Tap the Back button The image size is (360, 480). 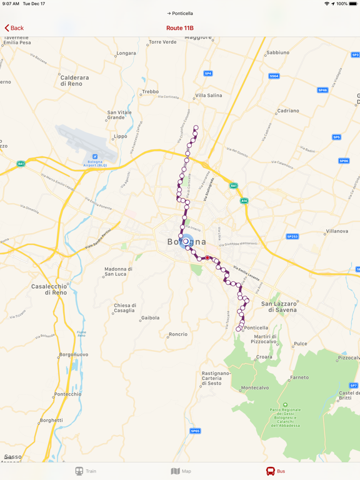click(x=14, y=28)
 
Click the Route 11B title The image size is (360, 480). click(x=180, y=28)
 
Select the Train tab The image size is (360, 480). click(x=86, y=471)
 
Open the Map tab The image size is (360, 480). click(x=181, y=471)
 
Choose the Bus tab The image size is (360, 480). click(x=276, y=471)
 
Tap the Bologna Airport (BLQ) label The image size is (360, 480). click(x=95, y=162)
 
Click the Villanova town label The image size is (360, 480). click(x=337, y=231)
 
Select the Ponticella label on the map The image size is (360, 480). click(x=256, y=327)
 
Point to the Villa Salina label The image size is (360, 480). click(x=209, y=96)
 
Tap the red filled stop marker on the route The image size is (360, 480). click(x=207, y=257)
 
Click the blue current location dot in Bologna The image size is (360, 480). click(x=186, y=242)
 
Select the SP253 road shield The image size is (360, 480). click(x=292, y=237)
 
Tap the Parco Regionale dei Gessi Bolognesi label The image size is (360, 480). click(x=285, y=417)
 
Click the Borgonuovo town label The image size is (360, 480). click(x=73, y=354)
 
